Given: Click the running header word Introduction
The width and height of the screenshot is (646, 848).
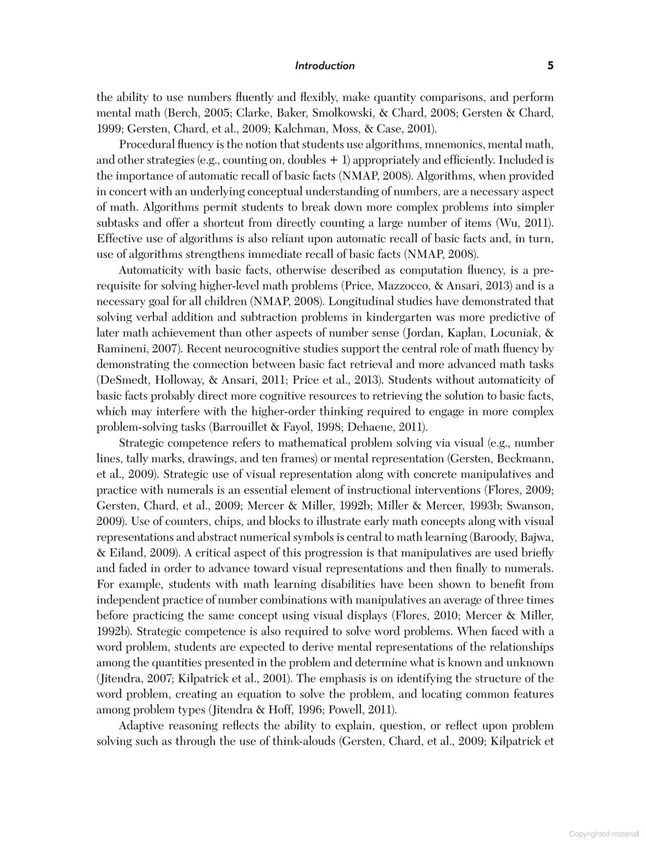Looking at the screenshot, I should coord(325,66).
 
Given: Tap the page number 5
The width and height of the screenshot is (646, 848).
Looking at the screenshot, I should coord(550,66).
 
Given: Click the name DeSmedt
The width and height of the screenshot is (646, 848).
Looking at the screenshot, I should coord(122,381).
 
